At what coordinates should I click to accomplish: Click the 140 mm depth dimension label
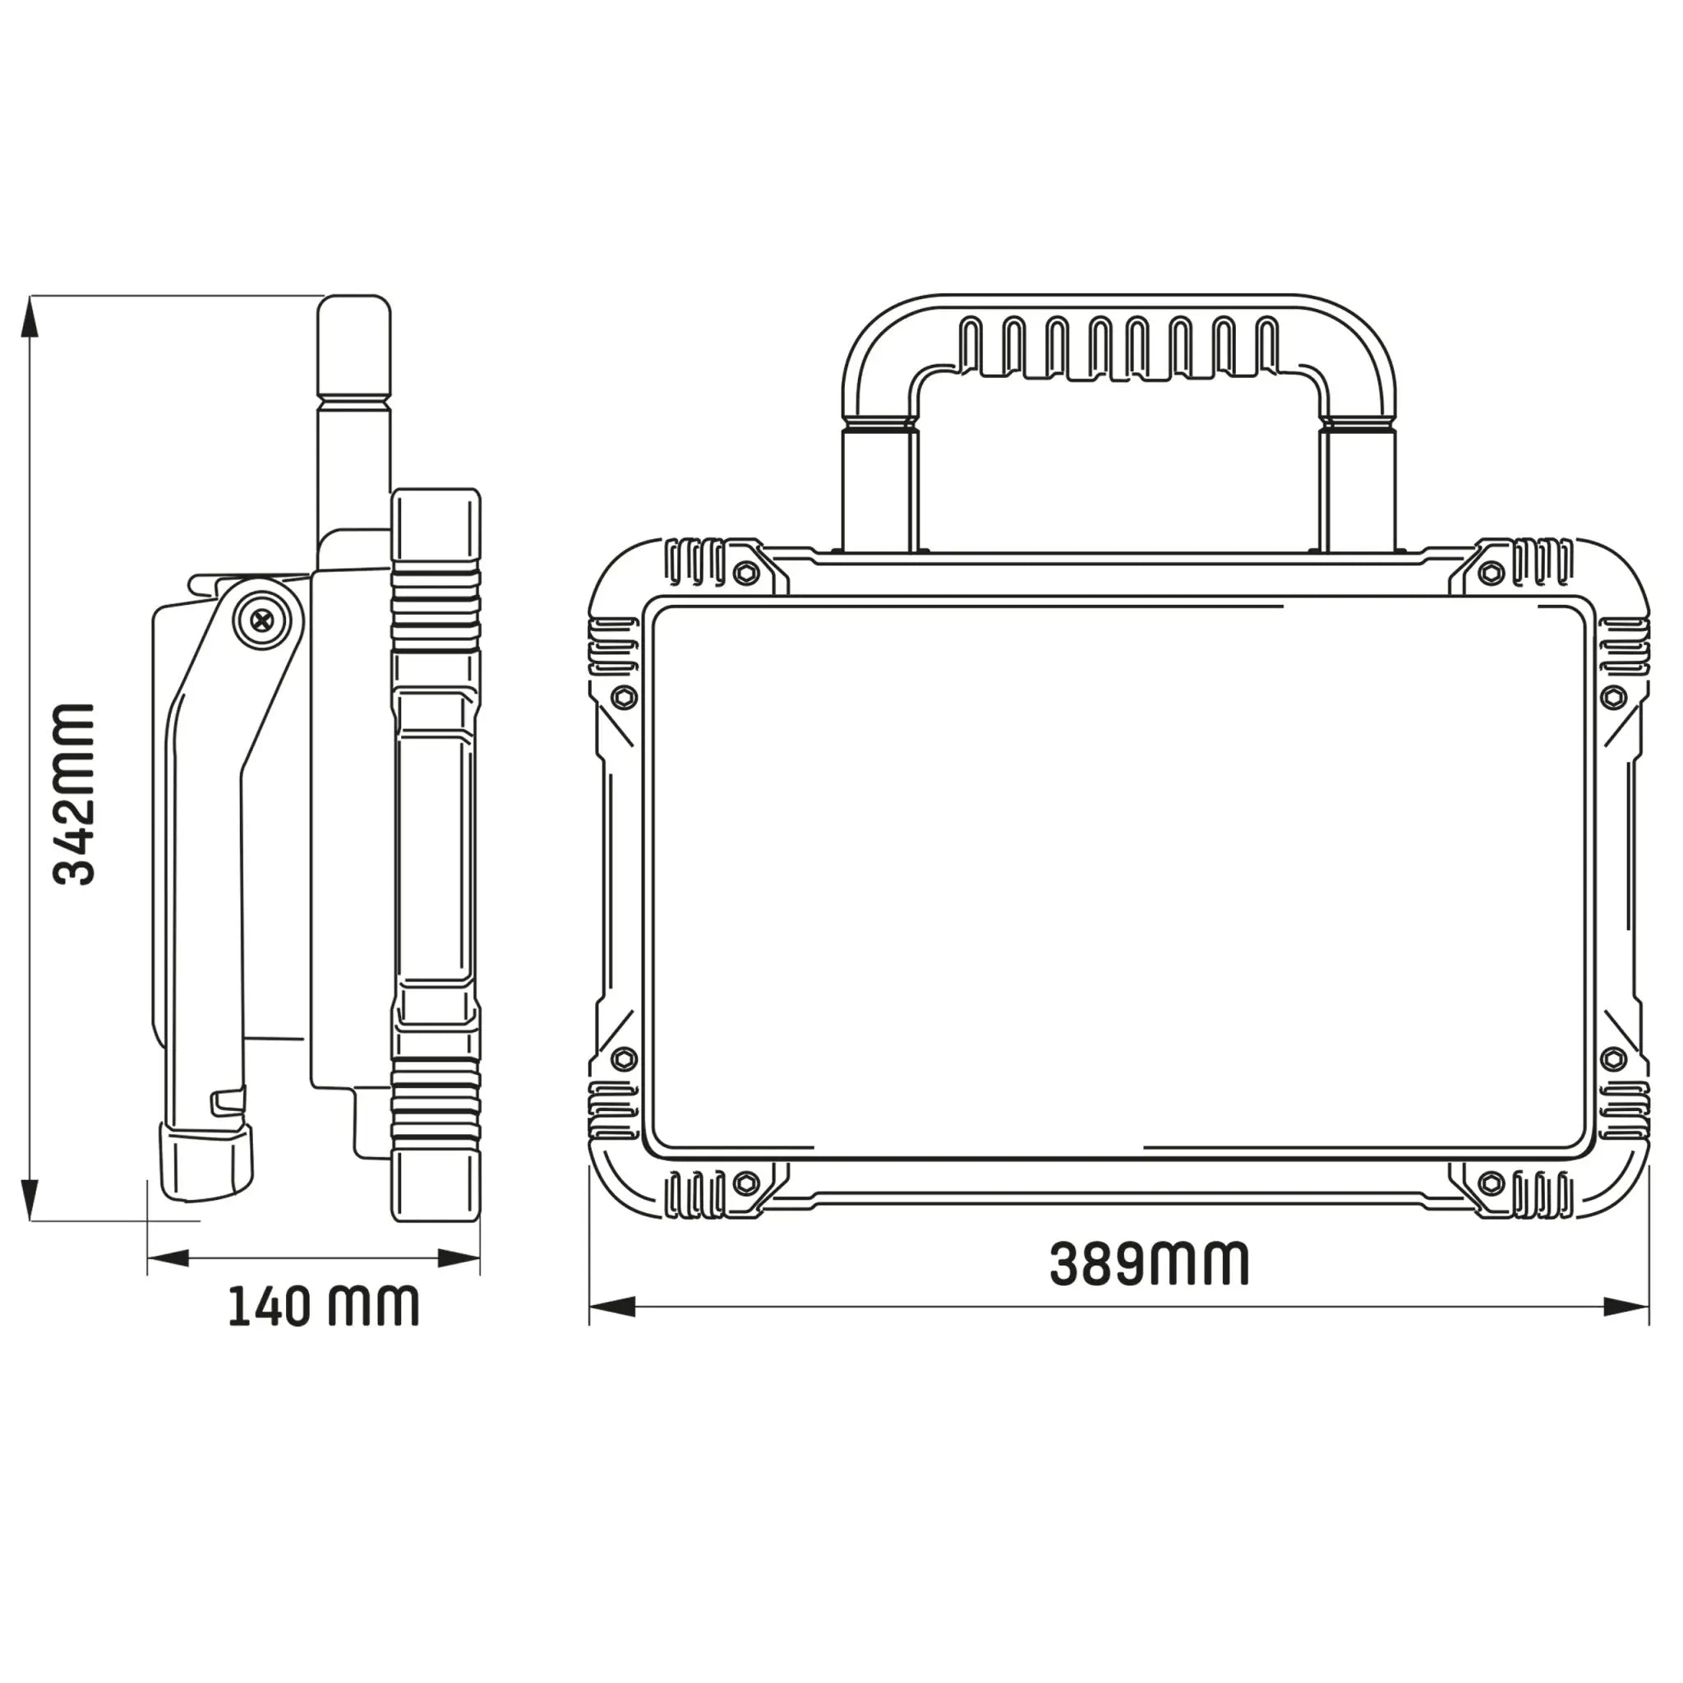(323, 1306)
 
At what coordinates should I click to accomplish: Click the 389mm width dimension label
(1149, 1264)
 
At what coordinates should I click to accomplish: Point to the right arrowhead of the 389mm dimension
(1626, 1330)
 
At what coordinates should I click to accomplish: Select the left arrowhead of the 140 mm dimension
(168, 1258)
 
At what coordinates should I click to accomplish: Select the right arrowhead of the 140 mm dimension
(459, 1258)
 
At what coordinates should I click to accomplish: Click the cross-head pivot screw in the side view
(261, 620)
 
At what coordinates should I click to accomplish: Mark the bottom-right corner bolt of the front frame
(1492, 1183)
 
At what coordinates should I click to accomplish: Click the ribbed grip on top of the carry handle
(1119, 347)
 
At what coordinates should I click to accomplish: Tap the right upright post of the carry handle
(1359, 488)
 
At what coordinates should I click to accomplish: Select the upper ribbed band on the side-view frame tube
(436, 610)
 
